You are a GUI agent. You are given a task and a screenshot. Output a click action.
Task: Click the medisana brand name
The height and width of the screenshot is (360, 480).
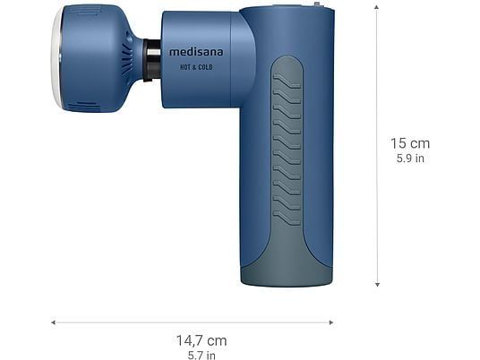pyautogui.click(x=196, y=52)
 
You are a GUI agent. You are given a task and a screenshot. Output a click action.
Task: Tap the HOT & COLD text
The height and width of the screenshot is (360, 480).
pyautogui.click(x=196, y=67)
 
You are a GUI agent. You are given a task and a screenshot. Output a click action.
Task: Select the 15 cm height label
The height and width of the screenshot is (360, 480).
pyautogui.click(x=409, y=143)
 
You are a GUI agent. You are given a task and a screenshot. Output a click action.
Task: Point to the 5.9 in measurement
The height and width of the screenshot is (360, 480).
pyautogui.click(x=409, y=159)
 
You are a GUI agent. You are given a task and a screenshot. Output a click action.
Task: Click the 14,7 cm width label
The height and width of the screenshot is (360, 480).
pyautogui.click(x=201, y=340)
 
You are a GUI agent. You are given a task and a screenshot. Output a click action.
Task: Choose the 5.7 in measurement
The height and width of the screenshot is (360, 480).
pyautogui.click(x=201, y=355)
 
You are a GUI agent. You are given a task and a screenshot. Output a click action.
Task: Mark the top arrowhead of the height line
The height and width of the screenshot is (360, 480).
pyautogui.click(x=377, y=7)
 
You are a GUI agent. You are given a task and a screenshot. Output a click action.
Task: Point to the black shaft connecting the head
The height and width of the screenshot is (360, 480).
pyautogui.click(x=153, y=59)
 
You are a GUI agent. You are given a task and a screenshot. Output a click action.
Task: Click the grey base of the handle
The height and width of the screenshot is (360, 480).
pyautogui.click(x=286, y=273)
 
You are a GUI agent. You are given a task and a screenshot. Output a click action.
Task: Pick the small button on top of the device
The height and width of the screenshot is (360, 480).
pyautogui.click(x=316, y=5)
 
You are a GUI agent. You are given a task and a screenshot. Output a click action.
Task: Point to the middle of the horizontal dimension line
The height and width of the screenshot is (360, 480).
pyautogui.click(x=192, y=322)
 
